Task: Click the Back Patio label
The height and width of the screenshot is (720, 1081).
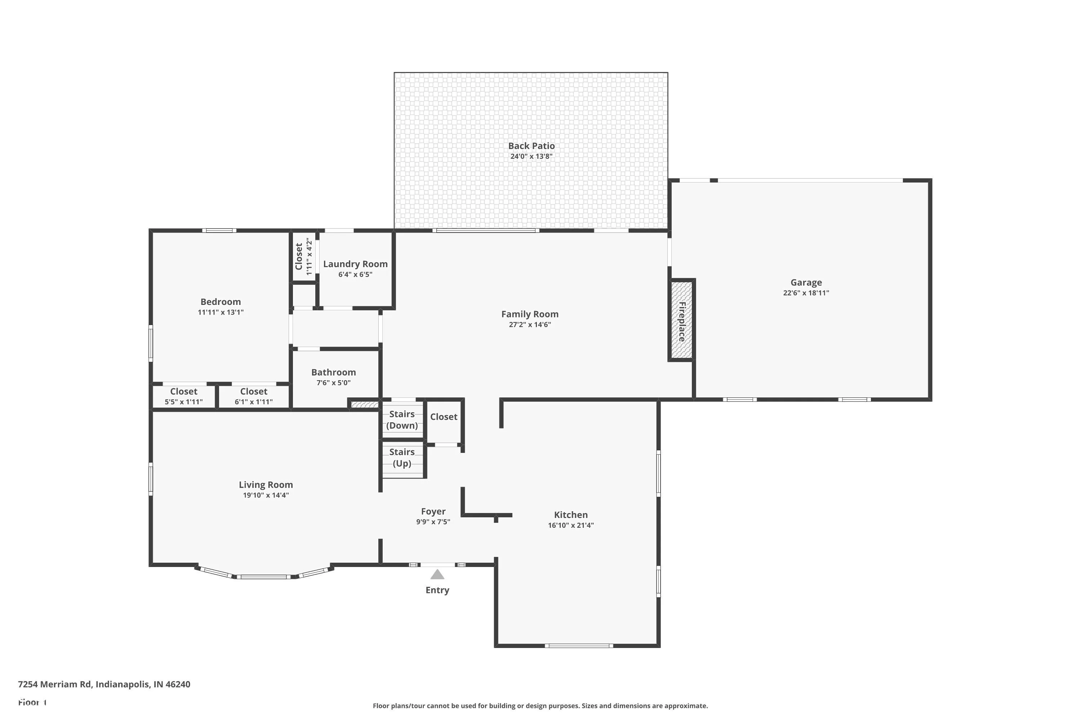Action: pyautogui.click(x=531, y=146)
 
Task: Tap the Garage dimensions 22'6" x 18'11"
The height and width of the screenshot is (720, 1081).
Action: pyautogui.click(x=806, y=293)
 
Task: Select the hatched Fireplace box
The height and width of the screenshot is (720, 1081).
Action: pyautogui.click(x=682, y=320)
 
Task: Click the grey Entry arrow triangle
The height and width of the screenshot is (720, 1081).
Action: pyautogui.click(x=437, y=575)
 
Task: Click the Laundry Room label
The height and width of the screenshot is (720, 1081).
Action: pyautogui.click(x=355, y=264)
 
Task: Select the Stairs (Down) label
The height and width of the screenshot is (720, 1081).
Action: pyautogui.click(x=402, y=420)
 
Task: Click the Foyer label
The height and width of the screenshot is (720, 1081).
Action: pyautogui.click(x=433, y=512)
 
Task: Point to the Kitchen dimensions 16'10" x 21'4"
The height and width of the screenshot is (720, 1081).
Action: pyautogui.click(x=571, y=525)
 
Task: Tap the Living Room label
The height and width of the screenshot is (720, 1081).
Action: pyautogui.click(x=266, y=485)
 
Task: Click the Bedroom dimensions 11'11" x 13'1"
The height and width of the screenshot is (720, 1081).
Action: pyautogui.click(x=221, y=312)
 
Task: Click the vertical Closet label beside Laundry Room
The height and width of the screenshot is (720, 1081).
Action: pyautogui.click(x=299, y=257)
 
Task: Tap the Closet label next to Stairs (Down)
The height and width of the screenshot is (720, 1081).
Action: pyautogui.click(x=444, y=417)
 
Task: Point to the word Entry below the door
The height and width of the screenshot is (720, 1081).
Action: pyautogui.click(x=437, y=590)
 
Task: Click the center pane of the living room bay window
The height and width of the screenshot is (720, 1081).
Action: pyautogui.click(x=264, y=577)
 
